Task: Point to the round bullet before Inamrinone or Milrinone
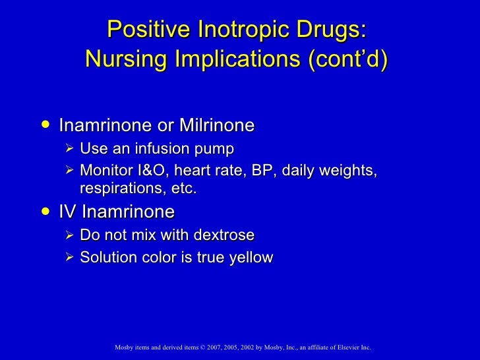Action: tap(44, 124)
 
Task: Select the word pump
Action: tap(214, 148)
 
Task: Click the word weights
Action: tap(350, 171)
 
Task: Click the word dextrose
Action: tap(222, 235)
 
